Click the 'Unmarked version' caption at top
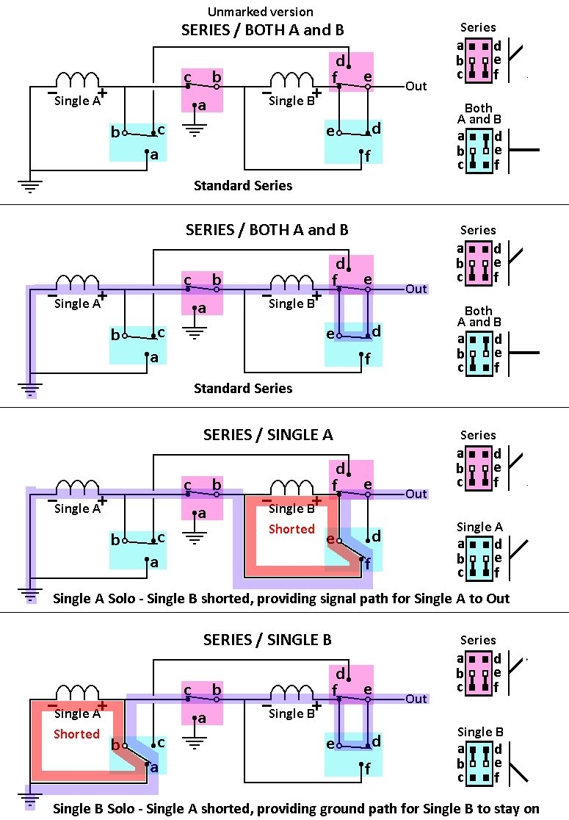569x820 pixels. coord(260,12)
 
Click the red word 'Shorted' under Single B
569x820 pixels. coord(291,529)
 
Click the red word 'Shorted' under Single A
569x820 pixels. coord(76,734)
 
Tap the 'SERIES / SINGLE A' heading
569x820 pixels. coord(268,434)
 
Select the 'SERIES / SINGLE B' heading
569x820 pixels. coord(267,639)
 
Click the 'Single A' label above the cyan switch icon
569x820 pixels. coord(479,527)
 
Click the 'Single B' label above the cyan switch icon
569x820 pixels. coord(480,732)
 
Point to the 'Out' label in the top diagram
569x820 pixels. coord(416,86)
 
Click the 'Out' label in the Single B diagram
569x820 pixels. coord(416,699)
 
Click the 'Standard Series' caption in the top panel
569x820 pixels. coord(243,186)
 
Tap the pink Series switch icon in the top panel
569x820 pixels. coord(479,60)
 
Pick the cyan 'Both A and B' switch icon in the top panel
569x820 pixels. coord(479,151)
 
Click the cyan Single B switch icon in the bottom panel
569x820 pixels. coord(479,764)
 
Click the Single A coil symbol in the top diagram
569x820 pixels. coord(77,80)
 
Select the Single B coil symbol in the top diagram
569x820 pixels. coord(291,80)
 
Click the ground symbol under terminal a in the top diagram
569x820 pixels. coord(195,130)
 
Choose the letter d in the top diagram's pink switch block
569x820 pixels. coord(340,61)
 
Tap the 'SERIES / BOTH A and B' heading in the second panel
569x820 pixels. coord(267,229)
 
